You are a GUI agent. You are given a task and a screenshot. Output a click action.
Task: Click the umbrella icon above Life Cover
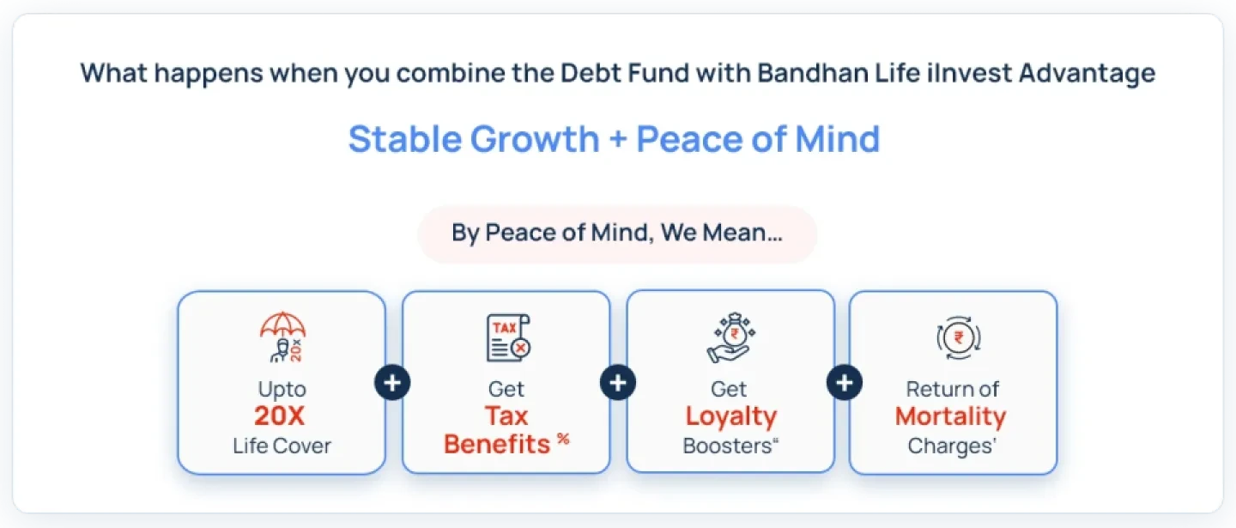pos(282,337)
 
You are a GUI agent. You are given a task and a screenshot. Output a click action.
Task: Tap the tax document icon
pos(506,337)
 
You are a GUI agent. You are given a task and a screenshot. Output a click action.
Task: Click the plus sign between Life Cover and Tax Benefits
pos(392,383)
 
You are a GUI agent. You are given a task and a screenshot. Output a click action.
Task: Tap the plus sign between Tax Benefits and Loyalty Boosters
pos(617,383)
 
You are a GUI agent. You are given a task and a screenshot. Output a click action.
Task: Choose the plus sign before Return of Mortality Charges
pos(844,383)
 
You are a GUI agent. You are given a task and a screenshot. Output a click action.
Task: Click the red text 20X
pos(280,416)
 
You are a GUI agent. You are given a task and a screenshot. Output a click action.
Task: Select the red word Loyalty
pos(730,416)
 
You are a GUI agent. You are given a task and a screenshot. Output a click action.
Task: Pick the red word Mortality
pos(950,416)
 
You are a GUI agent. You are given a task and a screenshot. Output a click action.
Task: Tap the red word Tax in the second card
pos(506,416)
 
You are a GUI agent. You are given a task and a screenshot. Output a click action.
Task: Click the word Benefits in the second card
pos(497,444)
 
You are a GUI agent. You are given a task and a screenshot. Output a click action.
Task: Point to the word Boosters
pos(727,446)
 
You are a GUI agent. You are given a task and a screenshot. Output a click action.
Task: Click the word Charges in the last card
pos(948,446)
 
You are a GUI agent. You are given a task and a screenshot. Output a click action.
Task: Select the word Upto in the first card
pos(282,390)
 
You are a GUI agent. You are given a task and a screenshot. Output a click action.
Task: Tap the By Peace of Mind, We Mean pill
pos(617,234)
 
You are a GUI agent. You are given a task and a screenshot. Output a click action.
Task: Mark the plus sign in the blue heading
pos(617,140)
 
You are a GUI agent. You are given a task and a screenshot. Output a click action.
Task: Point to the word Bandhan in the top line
pos(797,73)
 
